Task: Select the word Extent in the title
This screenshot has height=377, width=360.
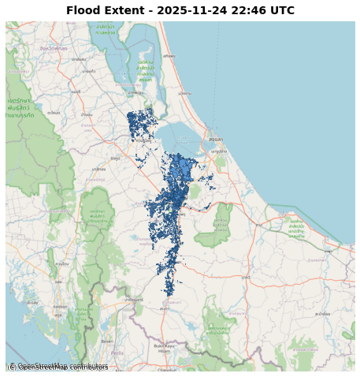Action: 126,11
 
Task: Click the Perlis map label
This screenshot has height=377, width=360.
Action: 117,353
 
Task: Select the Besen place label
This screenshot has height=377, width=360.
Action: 107,342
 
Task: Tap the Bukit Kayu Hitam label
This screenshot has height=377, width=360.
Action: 164,348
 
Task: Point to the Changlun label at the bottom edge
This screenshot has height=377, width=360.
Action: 167,369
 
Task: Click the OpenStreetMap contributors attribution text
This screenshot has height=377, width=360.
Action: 58,367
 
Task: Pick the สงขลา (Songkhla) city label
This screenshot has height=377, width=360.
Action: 215,139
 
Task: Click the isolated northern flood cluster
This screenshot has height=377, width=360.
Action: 142,123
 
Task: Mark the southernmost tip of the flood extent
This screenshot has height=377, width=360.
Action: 169,294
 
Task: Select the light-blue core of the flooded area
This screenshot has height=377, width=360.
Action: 183,169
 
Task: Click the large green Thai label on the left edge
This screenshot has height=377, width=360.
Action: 20,107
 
